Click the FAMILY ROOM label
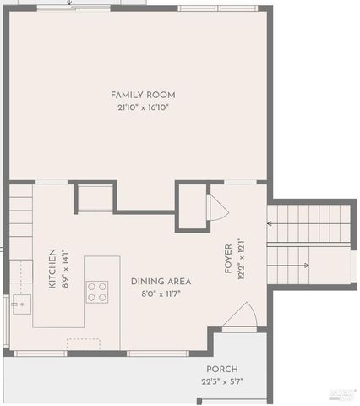143,95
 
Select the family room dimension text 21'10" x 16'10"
143,107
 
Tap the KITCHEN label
52,269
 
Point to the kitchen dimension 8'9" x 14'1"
65,269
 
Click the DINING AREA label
161,281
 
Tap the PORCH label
222,370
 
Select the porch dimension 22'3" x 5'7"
222,382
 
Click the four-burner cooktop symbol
97,292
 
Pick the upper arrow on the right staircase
270,223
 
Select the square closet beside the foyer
191,206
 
